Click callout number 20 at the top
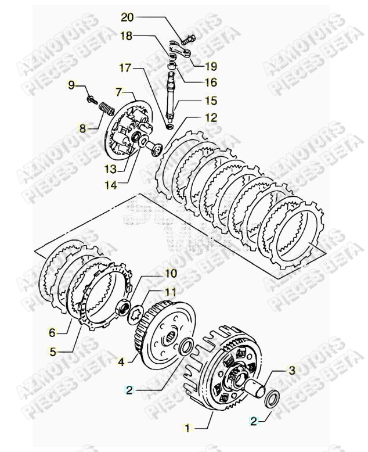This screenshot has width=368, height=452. click(127, 16)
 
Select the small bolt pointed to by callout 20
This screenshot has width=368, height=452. click(189, 41)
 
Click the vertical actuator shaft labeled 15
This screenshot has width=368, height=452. click(172, 96)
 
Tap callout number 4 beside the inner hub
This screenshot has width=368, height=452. click(121, 361)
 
